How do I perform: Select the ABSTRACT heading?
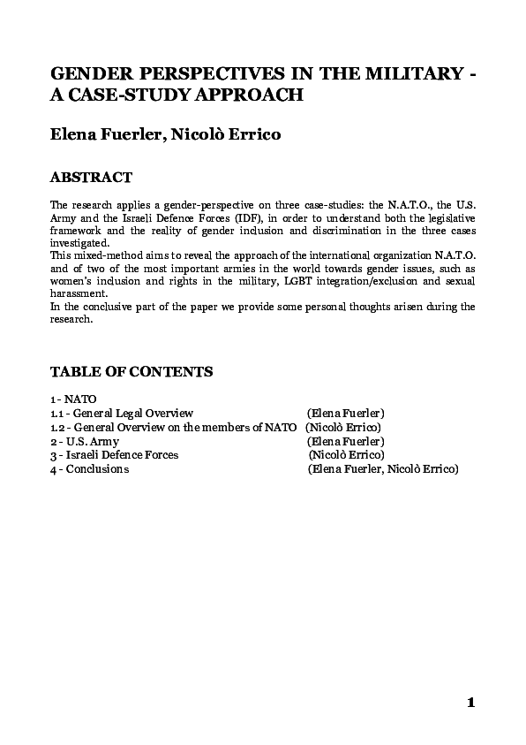[92, 178]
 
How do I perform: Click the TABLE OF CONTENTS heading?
[131, 371]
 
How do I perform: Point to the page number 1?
[471, 703]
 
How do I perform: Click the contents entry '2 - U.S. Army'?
[85, 441]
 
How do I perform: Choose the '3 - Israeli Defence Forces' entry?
[115, 455]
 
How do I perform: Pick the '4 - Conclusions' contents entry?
[90, 469]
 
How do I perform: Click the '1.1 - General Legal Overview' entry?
[122, 414]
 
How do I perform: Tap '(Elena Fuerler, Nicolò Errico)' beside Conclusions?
[383, 469]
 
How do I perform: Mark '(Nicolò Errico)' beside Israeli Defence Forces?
[347, 455]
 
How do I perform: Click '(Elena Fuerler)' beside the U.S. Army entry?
[346, 441]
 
